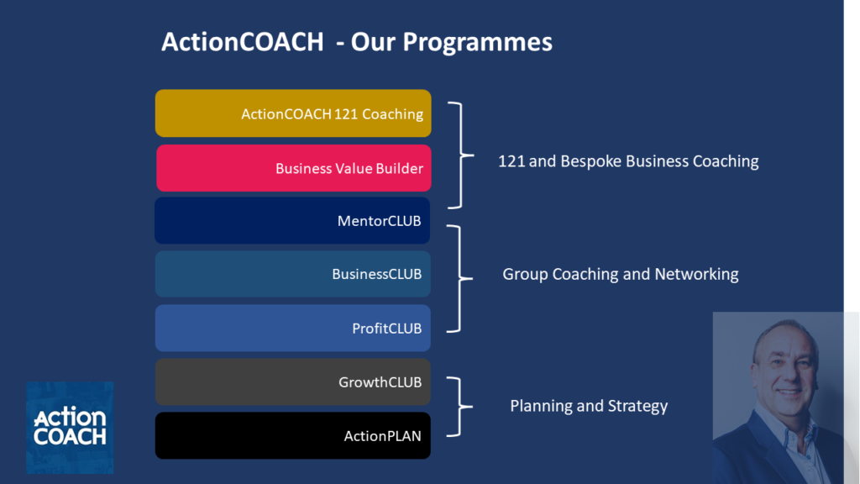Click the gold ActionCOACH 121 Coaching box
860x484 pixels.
pyautogui.click(x=293, y=113)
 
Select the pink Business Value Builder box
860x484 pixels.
pyautogui.click(x=293, y=168)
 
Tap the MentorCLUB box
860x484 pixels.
pyautogui.click(x=292, y=221)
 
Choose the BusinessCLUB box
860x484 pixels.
pyautogui.click(x=292, y=274)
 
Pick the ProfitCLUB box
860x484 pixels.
pyautogui.click(x=292, y=328)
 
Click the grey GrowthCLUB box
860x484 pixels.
pyautogui.click(x=292, y=382)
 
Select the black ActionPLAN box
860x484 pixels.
pyautogui.click(x=292, y=435)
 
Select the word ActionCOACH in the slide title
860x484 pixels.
pyautogui.click(x=242, y=42)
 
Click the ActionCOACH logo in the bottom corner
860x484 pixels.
pyautogui.click(x=70, y=427)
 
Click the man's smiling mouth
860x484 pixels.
pyautogui.click(x=789, y=392)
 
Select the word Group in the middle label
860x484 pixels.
pyautogui.click(x=525, y=274)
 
